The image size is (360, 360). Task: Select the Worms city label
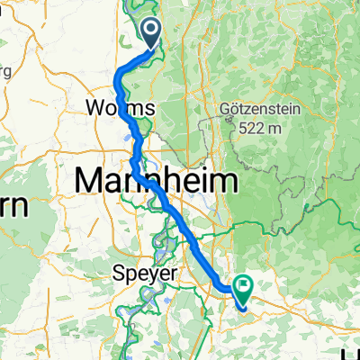[121, 107]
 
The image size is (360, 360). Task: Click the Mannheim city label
[158, 180]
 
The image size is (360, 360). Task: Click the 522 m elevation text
[262, 129]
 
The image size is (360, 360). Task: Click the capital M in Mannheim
[90, 180]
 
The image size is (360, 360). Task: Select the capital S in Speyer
[118, 272]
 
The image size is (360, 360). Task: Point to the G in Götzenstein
[225, 110]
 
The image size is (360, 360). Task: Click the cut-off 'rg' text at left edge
[4, 70]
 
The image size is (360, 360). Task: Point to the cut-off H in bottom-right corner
[355, 353]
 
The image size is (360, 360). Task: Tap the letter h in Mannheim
[171, 180]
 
